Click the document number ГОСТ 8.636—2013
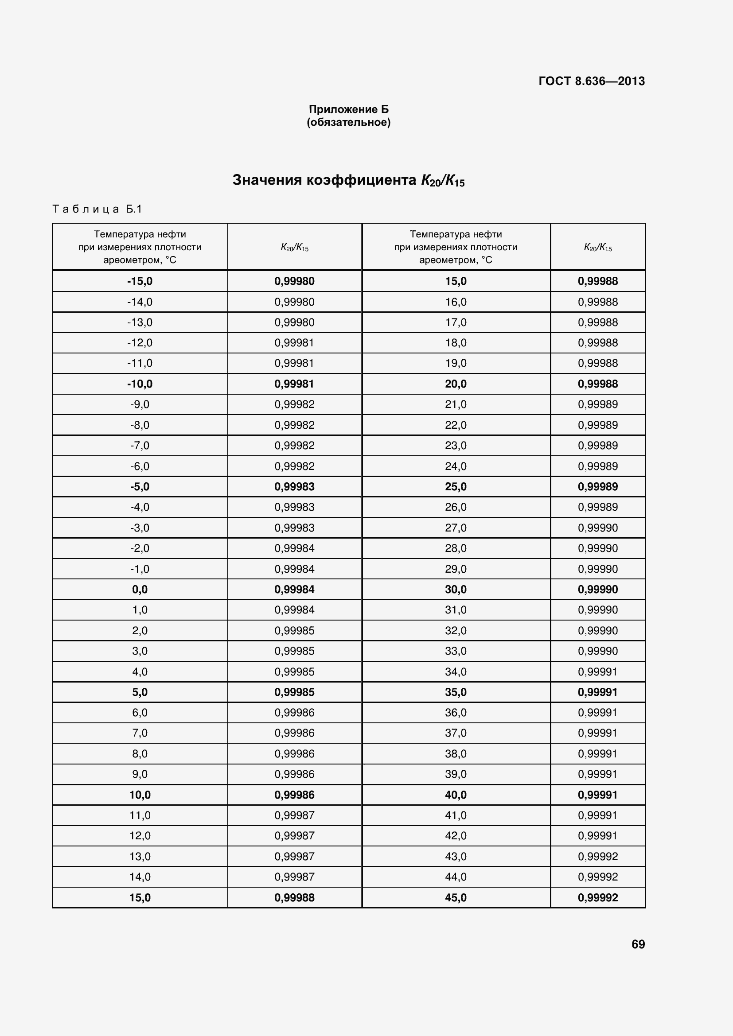591,81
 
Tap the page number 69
638,944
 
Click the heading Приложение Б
348,109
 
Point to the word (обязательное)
348,122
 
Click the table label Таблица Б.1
97,209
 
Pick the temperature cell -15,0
140,281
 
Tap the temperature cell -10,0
140,384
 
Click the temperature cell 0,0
140,589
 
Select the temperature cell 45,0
456,897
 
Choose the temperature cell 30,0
456,589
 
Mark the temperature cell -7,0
140,445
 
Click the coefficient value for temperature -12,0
294,343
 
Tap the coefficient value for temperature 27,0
597,528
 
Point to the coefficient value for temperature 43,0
597,857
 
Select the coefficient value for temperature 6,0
294,713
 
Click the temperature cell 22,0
456,425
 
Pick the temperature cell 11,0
140,815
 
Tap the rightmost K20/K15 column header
597,247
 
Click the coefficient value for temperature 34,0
597,672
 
